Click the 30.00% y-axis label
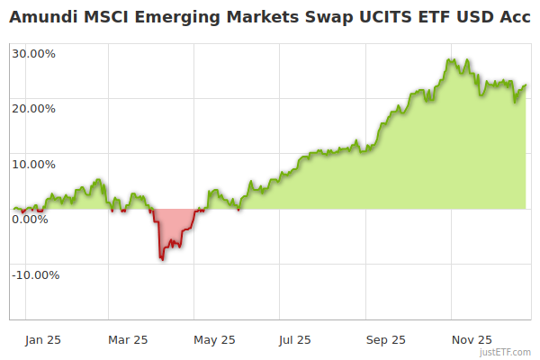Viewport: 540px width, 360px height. (x=34, y=53)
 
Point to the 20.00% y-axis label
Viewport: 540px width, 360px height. (x=34, y=109)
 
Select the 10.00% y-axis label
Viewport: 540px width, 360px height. (x=34, y=165)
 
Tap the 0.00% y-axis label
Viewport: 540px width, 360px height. (x=30, y=220)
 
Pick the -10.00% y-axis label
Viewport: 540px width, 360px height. (x=35, y=275)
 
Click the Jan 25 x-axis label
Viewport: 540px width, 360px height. (x=43, y=340)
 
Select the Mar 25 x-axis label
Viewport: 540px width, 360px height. (x=128, y=340)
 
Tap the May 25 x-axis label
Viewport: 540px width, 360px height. (x=214, y=340)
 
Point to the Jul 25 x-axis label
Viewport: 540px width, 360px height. (x=295, y=340)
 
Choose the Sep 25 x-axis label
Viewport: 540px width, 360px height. (x=386, y=340)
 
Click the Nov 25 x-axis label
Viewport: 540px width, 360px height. (x=472, y=340)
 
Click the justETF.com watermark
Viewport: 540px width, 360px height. (x=506, y=353)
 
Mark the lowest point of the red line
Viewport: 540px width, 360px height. (x=162, y=260)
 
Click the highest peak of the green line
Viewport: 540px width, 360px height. (x=449, y=59)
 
